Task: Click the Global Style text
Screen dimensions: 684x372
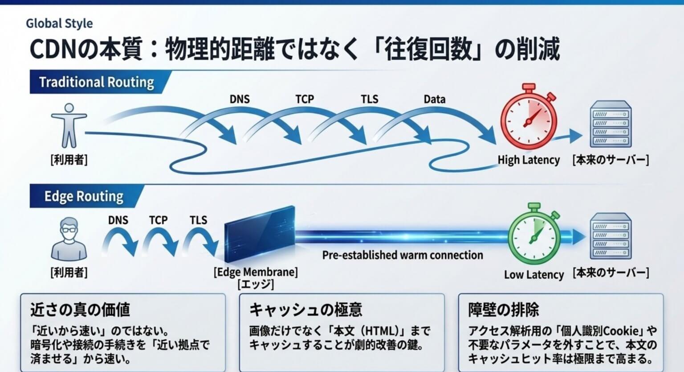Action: point(59,24)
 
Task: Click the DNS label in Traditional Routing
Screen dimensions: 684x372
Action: point(240,99)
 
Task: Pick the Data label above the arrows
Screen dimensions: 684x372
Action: point(435,99)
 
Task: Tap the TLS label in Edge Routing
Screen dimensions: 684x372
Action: point(199,220)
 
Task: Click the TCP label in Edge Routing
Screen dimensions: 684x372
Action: point(158,220)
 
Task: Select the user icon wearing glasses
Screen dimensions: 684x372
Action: point(69,239)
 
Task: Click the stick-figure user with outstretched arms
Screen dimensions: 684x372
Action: point(69,125)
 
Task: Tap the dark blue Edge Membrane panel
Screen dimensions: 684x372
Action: point(260,234)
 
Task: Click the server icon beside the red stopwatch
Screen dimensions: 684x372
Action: point(611,124)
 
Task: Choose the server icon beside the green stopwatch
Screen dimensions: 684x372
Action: point(611,236)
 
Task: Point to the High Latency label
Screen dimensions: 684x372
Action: point(529,160)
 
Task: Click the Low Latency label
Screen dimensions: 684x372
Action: point(534,274)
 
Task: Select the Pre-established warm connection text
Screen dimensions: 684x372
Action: point(403,255)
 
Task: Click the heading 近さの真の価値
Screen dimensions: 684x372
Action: point(80,309)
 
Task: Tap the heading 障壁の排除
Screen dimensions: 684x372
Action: point(504,309)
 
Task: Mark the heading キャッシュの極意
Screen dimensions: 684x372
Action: point(306,309)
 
